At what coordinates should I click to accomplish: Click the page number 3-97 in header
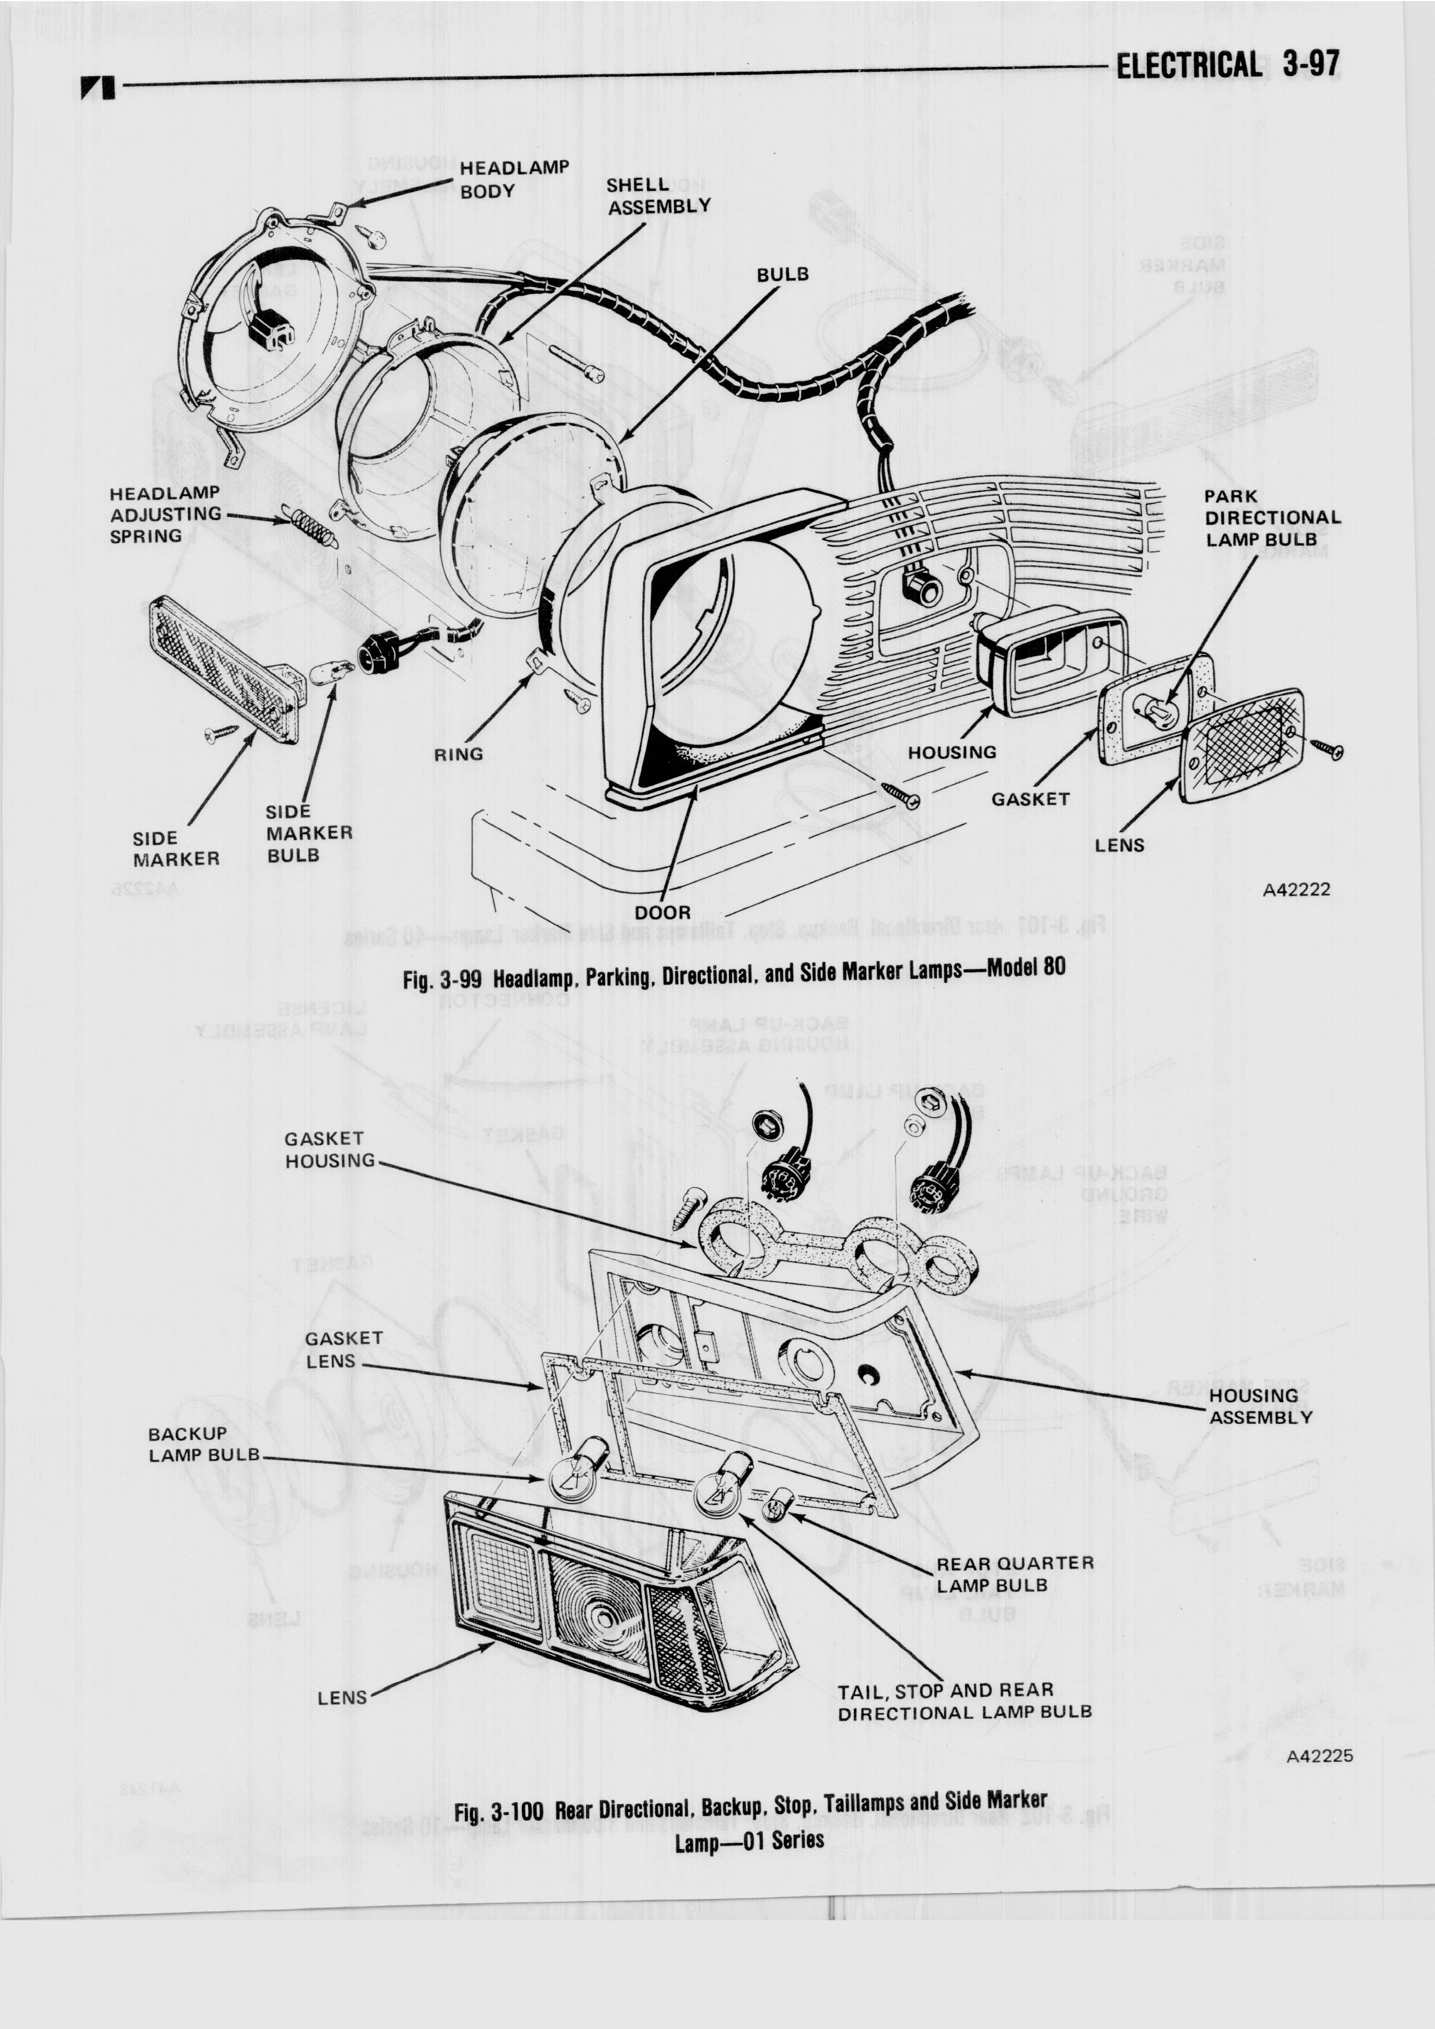click(x=1311, y=65)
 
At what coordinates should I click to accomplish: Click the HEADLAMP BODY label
click(x=513, y=179)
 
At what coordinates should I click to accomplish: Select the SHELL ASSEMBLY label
click(x=657, y=196)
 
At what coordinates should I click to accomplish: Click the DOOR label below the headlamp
click(x=663, y=911)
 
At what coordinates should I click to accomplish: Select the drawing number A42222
click(x=1296, y=889)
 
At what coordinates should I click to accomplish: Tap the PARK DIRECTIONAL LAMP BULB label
click(x=1271, y=517)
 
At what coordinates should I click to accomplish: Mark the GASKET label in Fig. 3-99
click(x=1029, y=799)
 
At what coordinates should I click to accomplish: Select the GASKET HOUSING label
click(x=329, y=1150)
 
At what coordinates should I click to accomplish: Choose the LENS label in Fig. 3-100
click(x=342, y=1697)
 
